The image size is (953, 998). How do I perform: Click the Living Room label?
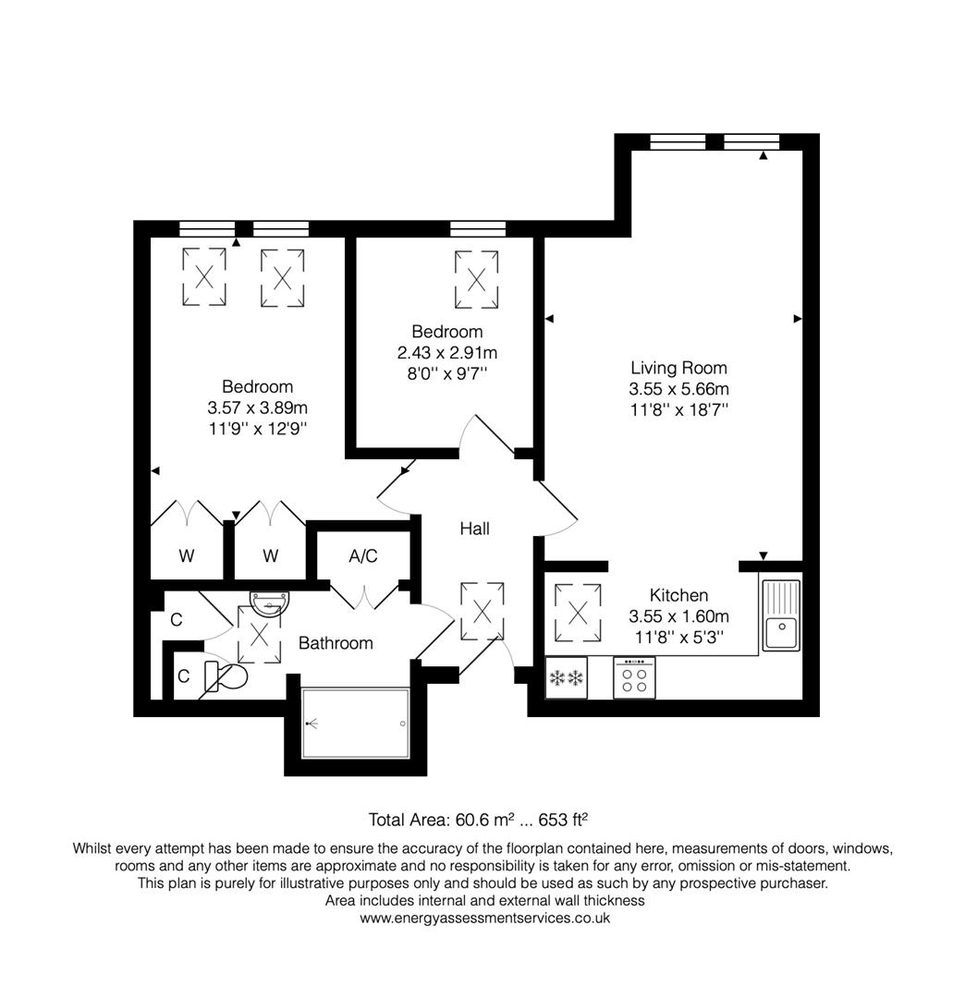678,368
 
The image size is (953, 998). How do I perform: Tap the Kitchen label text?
678,595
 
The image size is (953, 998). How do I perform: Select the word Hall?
475,529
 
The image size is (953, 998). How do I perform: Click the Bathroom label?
336,643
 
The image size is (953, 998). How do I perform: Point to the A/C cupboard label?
362,556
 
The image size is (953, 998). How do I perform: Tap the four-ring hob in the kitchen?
634,679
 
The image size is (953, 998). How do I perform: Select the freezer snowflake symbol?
567,679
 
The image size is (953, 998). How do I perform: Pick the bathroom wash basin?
269,603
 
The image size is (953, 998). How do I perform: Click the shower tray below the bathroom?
355,723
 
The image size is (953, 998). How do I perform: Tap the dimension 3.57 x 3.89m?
258,408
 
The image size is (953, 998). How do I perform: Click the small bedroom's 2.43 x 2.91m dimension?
447,352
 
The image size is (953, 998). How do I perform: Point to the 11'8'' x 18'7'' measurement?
678,409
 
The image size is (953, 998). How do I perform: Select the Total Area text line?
478,819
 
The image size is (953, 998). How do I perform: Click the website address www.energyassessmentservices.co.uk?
484,918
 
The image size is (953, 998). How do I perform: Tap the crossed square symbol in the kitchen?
579,612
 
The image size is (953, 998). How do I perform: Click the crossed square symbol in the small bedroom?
476,279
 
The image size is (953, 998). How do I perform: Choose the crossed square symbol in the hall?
482,611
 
